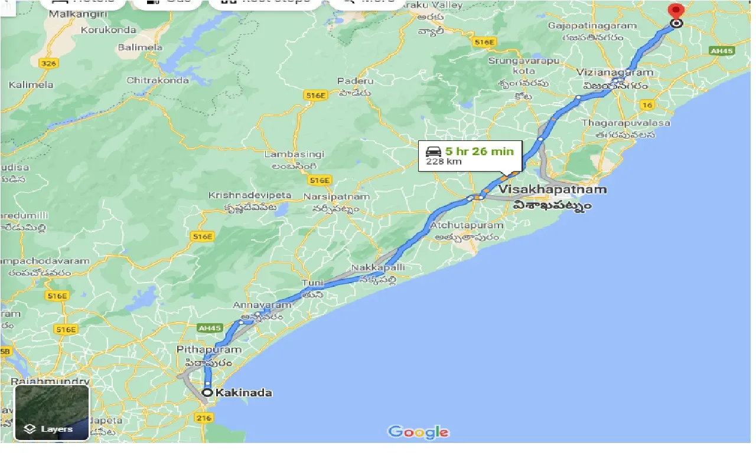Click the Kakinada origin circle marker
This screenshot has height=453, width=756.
coord(207,392)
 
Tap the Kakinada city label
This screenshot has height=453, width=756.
coord(244,393)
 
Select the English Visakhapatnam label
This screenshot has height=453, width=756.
coord(552,190)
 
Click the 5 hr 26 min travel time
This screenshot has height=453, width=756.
coord(479,151)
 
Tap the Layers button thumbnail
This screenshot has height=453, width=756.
coord(52,413)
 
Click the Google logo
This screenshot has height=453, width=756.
coord(418,432)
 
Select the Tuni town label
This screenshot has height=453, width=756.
coord(312,283)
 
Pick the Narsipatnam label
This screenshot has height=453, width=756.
coord(336,196)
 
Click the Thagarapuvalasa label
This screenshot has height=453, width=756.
coord(625,123)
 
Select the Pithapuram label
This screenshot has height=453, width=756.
coord(209,349)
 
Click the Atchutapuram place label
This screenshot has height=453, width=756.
coord(467,225)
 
